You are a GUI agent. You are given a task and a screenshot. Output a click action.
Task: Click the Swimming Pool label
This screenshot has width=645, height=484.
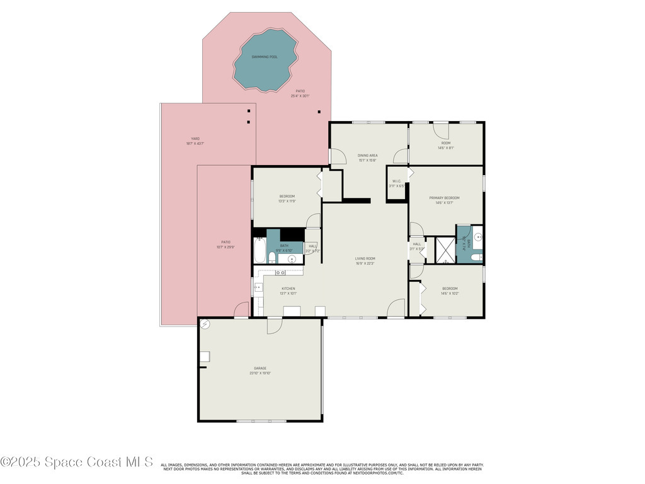pyautogui.click(x=265, y=57)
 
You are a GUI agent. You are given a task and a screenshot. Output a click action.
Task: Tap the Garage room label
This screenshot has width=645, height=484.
pyautogui.click(x=260, y=368)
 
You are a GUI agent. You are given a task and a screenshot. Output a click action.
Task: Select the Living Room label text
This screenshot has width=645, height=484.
pyautogui.click(x=365, y=258)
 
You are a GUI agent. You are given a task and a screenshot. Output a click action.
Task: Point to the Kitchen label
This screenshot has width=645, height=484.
pyautogui.click(x=288, y=289)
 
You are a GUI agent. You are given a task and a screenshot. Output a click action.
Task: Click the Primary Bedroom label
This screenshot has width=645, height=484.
pyautogui.click(x=445, y=198)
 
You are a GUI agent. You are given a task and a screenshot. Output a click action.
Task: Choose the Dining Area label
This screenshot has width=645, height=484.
pyautogui.click(x=368, y=155)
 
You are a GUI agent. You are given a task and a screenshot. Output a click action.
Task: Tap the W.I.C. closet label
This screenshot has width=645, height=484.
pyautogui.click(x=397, y=181)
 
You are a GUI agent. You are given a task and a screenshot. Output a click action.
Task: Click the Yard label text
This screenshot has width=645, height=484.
pyautogui.click(x=195, y=139)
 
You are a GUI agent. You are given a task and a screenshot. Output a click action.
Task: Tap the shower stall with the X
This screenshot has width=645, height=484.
pyautogui.click(x=445, y=250)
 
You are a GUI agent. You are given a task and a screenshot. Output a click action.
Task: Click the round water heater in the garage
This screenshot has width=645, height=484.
pyautogui.click(x=205, y=325)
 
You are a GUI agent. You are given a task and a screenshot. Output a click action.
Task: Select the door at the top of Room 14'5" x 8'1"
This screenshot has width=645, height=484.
pyautogui.click(x=441, y=130)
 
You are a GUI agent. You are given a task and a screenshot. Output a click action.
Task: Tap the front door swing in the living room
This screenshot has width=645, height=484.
pyautogui.click(x=395, y=309)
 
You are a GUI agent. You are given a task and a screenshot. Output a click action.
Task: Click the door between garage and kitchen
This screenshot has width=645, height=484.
pyautogui.click(x=274, y=325)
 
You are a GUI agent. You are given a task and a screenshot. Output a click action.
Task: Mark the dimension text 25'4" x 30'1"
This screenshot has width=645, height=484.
pyautogui.click(x=300, y=96)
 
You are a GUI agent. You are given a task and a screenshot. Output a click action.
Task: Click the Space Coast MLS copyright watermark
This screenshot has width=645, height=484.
pyautogui.click(x=77, y=462)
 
